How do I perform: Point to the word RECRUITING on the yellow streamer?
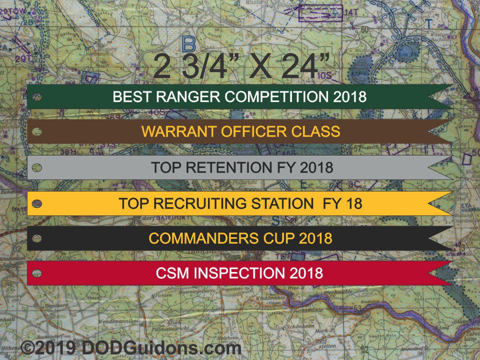click(x=206, y=203)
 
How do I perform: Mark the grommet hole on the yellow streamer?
click(x=36, y=203)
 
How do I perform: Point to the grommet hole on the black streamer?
click(x=36, y=238)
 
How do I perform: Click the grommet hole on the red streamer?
click(x=36, y=273)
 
